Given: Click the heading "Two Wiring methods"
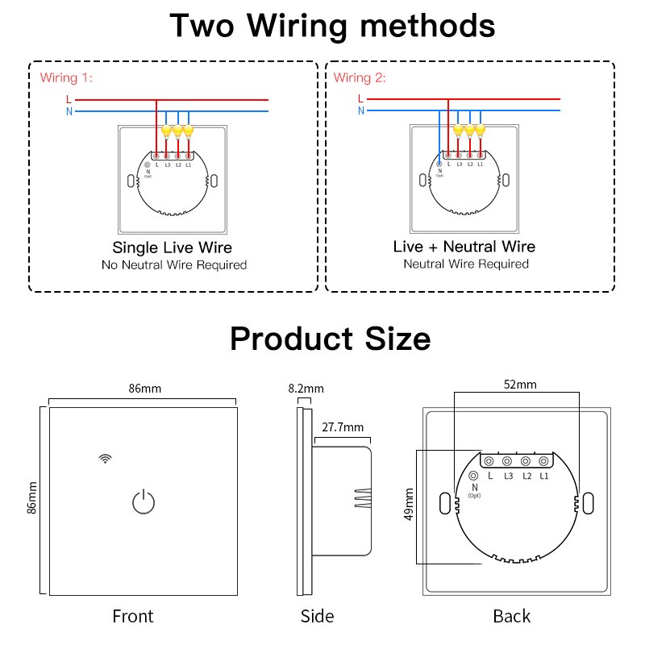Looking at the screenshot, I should pyautogui.click(x=332, y=26).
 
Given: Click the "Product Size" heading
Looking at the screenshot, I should pyautogui.click(x=331, y=339).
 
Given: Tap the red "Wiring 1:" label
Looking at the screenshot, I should pyautogui.click(x=67, y=78).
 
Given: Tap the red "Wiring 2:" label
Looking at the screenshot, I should pyautogui.click(x=360, y=78).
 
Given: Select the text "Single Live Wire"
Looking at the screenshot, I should pyautogui.click(x=173, y=248).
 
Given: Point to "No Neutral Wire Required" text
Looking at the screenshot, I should pyautogui.click(x=174, y=264).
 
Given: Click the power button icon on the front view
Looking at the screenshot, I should pyautogui.click(x=142, y=502).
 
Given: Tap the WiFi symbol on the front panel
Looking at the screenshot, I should pyautogui.click(x=105, y=458).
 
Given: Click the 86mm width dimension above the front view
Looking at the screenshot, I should pyautogui.click(x=145, y=389).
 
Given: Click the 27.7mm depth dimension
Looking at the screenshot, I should pyautogui.click(x=343, y=427).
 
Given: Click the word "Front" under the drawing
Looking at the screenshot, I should pyautogui.click(x=133, y=617).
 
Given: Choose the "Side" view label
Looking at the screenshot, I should pyautogui.click(x=317, y=617).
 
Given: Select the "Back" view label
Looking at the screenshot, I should pyautogui.click(x=512, y=617).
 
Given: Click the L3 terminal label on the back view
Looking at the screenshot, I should pyautogui.click(x=509, y=476).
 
